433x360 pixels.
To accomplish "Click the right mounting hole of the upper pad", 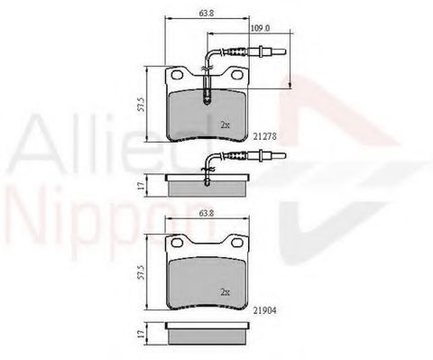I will click(238, 79).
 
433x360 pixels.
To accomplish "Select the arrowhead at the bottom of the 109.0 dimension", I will click(290, 86).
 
